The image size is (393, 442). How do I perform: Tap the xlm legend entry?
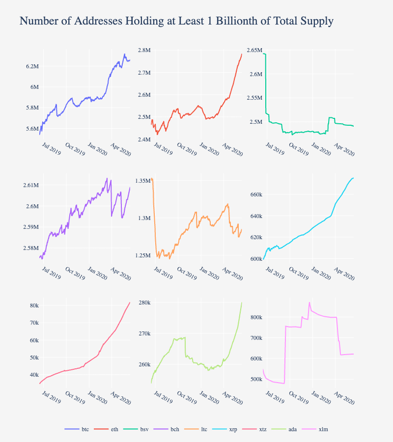[323, 429]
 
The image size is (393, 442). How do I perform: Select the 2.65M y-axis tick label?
[254, 50]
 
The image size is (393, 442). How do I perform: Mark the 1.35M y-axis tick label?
[142, 181]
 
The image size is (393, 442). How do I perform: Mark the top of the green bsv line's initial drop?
[265, 54]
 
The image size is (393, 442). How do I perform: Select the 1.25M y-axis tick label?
[142, 255]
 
